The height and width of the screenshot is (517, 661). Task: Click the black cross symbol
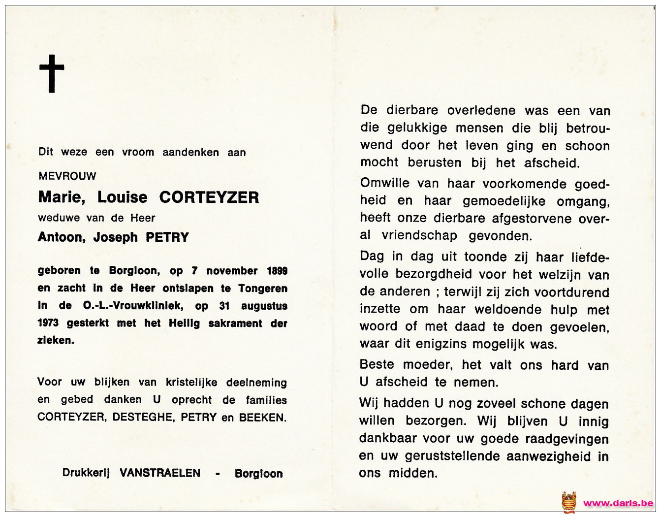(52, 74)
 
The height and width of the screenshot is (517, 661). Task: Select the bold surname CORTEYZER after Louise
(209, 197)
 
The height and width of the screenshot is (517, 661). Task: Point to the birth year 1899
(277, 271)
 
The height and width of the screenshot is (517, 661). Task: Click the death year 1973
(48, 323)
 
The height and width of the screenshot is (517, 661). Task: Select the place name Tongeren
(263, 289)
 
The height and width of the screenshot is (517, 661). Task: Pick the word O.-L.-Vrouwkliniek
(132, 306)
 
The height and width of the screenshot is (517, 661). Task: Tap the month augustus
(264, 306)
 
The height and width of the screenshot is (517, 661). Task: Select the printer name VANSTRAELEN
(160, 473)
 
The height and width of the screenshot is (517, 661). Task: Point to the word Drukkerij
(86, 473)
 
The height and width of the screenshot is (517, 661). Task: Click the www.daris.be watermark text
(618, 503)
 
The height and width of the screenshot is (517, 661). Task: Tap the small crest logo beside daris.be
(569, 502)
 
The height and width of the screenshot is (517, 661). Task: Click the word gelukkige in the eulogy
(417, 128)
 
